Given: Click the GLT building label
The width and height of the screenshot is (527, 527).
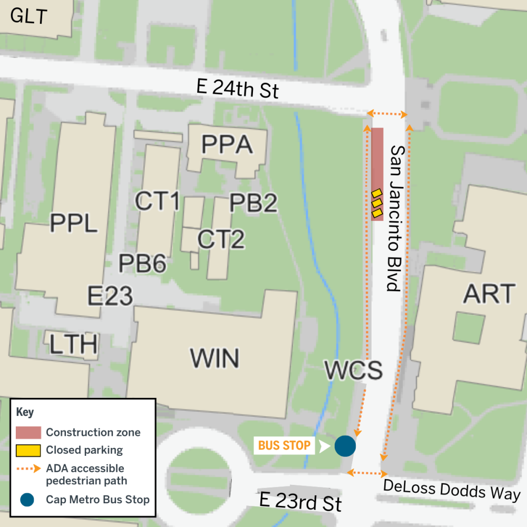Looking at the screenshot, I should click(x=29, y=17).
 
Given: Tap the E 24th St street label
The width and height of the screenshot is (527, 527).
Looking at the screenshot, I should click(x=237, y=89).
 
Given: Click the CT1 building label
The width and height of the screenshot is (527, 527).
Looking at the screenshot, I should click(x=158, y=201).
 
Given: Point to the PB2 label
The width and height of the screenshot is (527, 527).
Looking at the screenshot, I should click(x=253, y=203).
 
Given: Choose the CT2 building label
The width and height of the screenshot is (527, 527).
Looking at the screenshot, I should click(x=221, y=239).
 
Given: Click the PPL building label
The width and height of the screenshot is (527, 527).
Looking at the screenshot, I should click(x=74, y=223).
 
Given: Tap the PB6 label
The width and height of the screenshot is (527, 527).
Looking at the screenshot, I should click(x=142, y=263).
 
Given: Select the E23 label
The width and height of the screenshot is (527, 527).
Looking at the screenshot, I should click(x=110, y=296).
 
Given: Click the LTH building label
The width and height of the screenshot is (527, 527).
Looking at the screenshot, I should click(x=74, y=345).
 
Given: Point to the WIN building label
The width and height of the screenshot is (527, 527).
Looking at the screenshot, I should click(x=214, y=358).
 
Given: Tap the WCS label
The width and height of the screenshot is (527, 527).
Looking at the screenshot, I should click(x=353, y=370).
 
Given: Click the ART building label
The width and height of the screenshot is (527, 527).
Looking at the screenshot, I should click(x=489, y=294).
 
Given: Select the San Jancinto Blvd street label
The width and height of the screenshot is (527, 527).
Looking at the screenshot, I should click(x=396, y=218).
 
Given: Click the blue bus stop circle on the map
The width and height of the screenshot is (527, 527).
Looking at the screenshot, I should click(x=345, y=446).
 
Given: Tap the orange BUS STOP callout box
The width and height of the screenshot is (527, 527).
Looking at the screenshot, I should click(x=285, y=446).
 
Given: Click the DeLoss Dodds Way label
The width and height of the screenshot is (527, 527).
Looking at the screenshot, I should click(x=452, y=490).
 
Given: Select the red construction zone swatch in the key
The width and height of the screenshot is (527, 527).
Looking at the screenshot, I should click(x=28, y=433).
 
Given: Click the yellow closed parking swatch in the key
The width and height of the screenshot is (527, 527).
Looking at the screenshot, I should click(x=28, y=451).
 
